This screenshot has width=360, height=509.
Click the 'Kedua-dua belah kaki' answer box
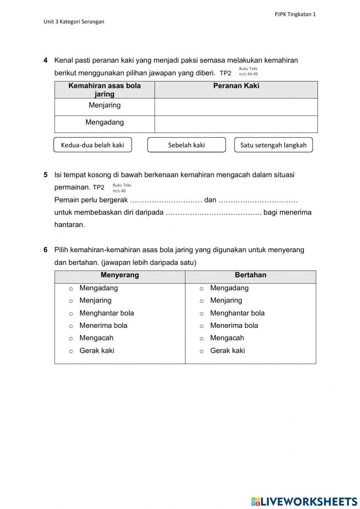(93, 145)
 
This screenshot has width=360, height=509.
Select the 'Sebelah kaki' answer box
(186, 145)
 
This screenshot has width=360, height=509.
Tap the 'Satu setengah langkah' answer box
(273, 145)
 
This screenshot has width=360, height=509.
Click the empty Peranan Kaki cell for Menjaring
(236, 107)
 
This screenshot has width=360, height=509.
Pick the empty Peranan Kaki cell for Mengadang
(236, 124)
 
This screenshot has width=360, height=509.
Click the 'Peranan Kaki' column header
(236, 86)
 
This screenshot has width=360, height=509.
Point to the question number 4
(46, 61)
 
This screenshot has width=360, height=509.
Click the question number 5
(46, 175)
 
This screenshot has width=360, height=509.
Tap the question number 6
(46, 250)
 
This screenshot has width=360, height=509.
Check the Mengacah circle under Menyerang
(71, 339)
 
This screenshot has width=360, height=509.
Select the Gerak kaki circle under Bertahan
(202, 351)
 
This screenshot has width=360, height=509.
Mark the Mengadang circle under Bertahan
(202, 289)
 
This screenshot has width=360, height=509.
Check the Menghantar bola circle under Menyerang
(71, 314)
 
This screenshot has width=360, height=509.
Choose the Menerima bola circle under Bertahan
(202, 326)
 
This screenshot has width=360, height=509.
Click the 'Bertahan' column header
(250, 275)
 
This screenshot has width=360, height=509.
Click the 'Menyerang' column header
(120, 275)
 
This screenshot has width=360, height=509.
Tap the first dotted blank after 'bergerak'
(166, 201)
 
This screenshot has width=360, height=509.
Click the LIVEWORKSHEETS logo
(304, 501)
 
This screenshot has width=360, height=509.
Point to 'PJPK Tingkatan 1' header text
(295, 14)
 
